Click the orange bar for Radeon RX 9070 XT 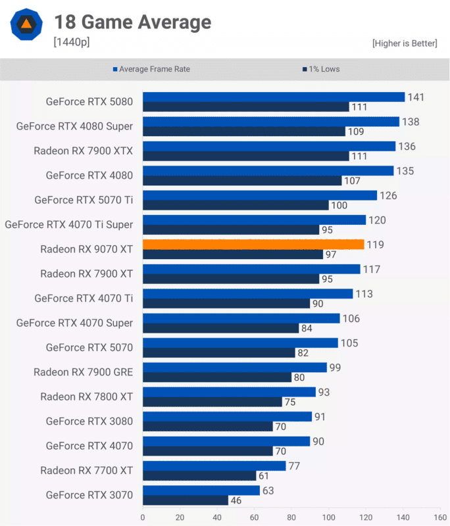[253, 245]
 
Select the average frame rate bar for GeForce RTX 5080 [274, 97]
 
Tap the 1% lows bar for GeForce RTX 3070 [186, 500]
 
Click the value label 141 [416, 97]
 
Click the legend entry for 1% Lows [320, 69]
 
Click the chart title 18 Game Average [132, 22]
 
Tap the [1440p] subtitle [72, 43]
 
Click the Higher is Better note [404, 43]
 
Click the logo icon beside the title [26, 25]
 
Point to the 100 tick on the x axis [328, 517]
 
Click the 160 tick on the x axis [439, 517]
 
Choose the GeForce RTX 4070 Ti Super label [69, 225]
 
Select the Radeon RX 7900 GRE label [84, 372]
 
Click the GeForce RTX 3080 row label [89, 421]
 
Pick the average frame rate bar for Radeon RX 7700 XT [214, 466]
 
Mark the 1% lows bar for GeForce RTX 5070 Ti [236, 205]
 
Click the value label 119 [376, 245]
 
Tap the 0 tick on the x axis [143, 517]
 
